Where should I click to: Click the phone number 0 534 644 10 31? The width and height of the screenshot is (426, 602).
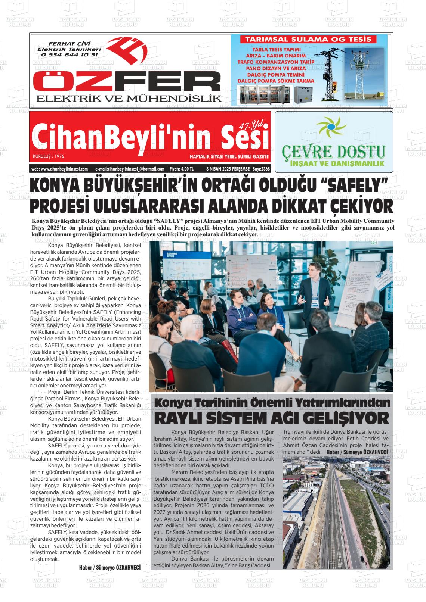pos(70,54)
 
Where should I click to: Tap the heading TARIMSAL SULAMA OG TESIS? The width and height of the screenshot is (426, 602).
pos(308,39)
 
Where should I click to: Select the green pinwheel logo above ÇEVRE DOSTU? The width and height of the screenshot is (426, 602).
pos(329,129)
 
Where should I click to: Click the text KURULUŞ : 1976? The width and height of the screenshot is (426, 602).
pos(48,156)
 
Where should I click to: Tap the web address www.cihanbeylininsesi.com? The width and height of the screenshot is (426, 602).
pos(59,169)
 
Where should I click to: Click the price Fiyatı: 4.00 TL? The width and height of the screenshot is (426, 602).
pos(181,169)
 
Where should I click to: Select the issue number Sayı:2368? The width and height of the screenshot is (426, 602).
pos(261,169)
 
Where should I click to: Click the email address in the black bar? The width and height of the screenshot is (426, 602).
pos(130,169)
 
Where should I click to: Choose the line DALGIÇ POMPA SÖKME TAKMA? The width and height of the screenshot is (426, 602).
pos(276,81)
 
